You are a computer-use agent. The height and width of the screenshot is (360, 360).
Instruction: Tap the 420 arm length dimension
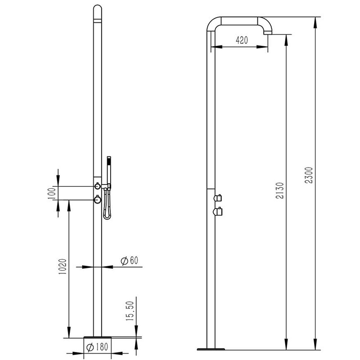coord(242,40)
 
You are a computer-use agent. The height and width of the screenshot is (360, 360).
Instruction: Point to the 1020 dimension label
coord(63,269)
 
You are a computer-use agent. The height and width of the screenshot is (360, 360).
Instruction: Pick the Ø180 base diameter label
coord(95,347)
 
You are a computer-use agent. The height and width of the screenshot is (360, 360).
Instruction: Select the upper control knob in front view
coord(97,186)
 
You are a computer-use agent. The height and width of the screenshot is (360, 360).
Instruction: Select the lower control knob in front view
coord(97,199)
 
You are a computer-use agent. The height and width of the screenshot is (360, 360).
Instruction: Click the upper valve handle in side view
coord(219,197)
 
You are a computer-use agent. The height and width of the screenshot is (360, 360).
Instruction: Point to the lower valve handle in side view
coord(219,211)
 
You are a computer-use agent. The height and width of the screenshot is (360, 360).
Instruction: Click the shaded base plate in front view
coord(97,338)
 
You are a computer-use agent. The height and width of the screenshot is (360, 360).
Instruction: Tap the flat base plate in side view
coord(211,348)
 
